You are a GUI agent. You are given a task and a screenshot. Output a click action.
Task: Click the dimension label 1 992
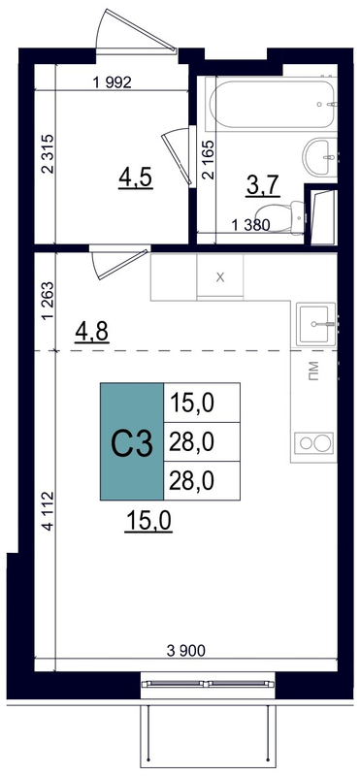pyautogui.click(x=113, y=83)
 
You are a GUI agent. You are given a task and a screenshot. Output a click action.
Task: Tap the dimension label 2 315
pyautogui.click(x=48, y=155)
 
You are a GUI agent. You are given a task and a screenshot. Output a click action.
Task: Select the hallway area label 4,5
pyautogui.click(x=135, y=178)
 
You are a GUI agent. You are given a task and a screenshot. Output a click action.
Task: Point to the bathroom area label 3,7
pyautogui.click(x=263, y=186)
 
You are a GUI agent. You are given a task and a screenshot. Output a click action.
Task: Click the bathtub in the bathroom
pyautogui.click(x=274, y=104)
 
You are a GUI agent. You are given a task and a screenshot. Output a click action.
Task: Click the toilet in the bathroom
pyautogui.click(x=295, y=216)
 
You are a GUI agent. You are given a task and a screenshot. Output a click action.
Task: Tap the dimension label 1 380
pyautogui.click(x=250, y=226)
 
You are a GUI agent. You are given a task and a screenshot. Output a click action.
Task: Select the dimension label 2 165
pyautogui.click(x=209, y=160)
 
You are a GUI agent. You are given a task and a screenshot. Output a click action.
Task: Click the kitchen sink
pyautogui.click(x=316, y=324)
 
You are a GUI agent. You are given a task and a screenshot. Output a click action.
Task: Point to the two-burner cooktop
pyautogui.click(x=314, y=443)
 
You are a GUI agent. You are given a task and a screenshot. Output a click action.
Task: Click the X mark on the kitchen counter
pyautogui.click(x=220, y=277)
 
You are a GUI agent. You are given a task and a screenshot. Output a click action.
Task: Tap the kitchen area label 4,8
pyautogui.click(x=91, y=332)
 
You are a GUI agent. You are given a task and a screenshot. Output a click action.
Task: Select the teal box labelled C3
pyautogui.click(x=132, y=441)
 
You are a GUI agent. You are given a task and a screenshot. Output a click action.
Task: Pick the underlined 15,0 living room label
pyautogui.click(x=149, y=521)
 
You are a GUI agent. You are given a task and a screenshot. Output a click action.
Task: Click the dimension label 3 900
pyautogui.click(x=185, y=651)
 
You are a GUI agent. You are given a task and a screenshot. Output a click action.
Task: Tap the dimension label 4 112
pyautogui.click(x=48, y=511)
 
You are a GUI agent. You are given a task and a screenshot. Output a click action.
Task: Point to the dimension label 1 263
pyautogui.click(x=48, y=302)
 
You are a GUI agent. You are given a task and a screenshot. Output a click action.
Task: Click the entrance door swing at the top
pyautogui.click(x=136, y=31)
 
